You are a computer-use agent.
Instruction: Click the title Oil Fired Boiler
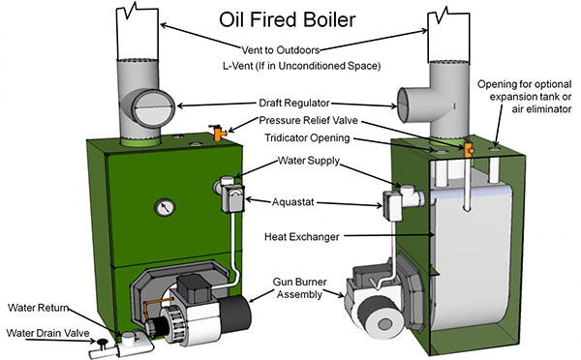(290, 19)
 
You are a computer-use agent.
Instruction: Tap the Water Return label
(39, 308)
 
